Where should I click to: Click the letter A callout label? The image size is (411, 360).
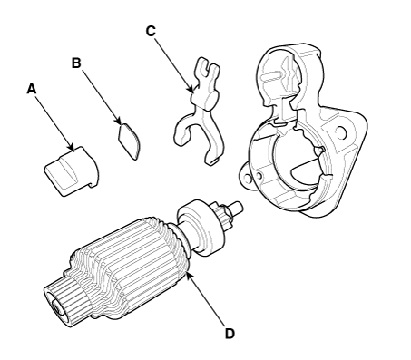[x=31, y=89]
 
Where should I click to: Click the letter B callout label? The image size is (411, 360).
[x=76, y=63]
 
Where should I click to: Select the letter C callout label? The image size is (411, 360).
[x=151, y=31]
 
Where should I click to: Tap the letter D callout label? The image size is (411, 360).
[x=230, y=334]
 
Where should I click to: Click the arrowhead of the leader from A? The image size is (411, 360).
[x=71, y=147]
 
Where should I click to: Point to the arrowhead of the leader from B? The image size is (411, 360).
[x=118, y=121]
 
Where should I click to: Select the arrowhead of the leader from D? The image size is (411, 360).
[x=189, y=276]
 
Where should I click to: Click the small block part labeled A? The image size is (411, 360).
[x=72, y=171]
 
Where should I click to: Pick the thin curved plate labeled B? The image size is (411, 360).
[x=129, y=141]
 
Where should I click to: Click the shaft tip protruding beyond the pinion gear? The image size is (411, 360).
[x=237, y=206]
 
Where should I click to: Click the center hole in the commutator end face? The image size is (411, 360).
[x=56, y=308]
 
